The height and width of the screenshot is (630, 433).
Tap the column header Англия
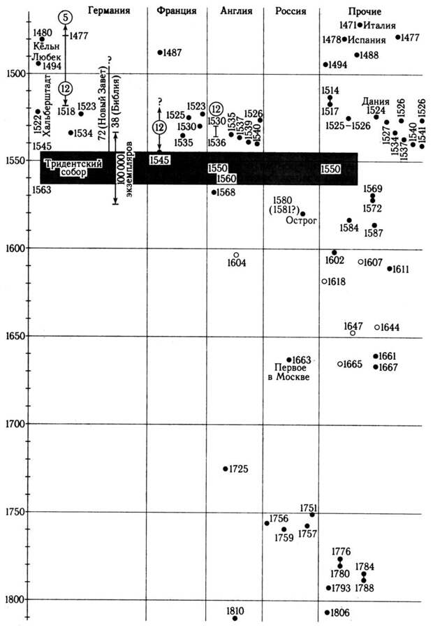(235, 11)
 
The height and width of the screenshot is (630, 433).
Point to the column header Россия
(291, 12)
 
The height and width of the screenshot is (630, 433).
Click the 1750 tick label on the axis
(14, 512)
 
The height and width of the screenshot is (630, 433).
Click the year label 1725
(240, 469)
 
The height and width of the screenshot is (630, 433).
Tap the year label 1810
(236, 611)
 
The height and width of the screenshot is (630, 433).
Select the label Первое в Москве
(289, 372)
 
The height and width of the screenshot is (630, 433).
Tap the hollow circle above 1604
(236, 255)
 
